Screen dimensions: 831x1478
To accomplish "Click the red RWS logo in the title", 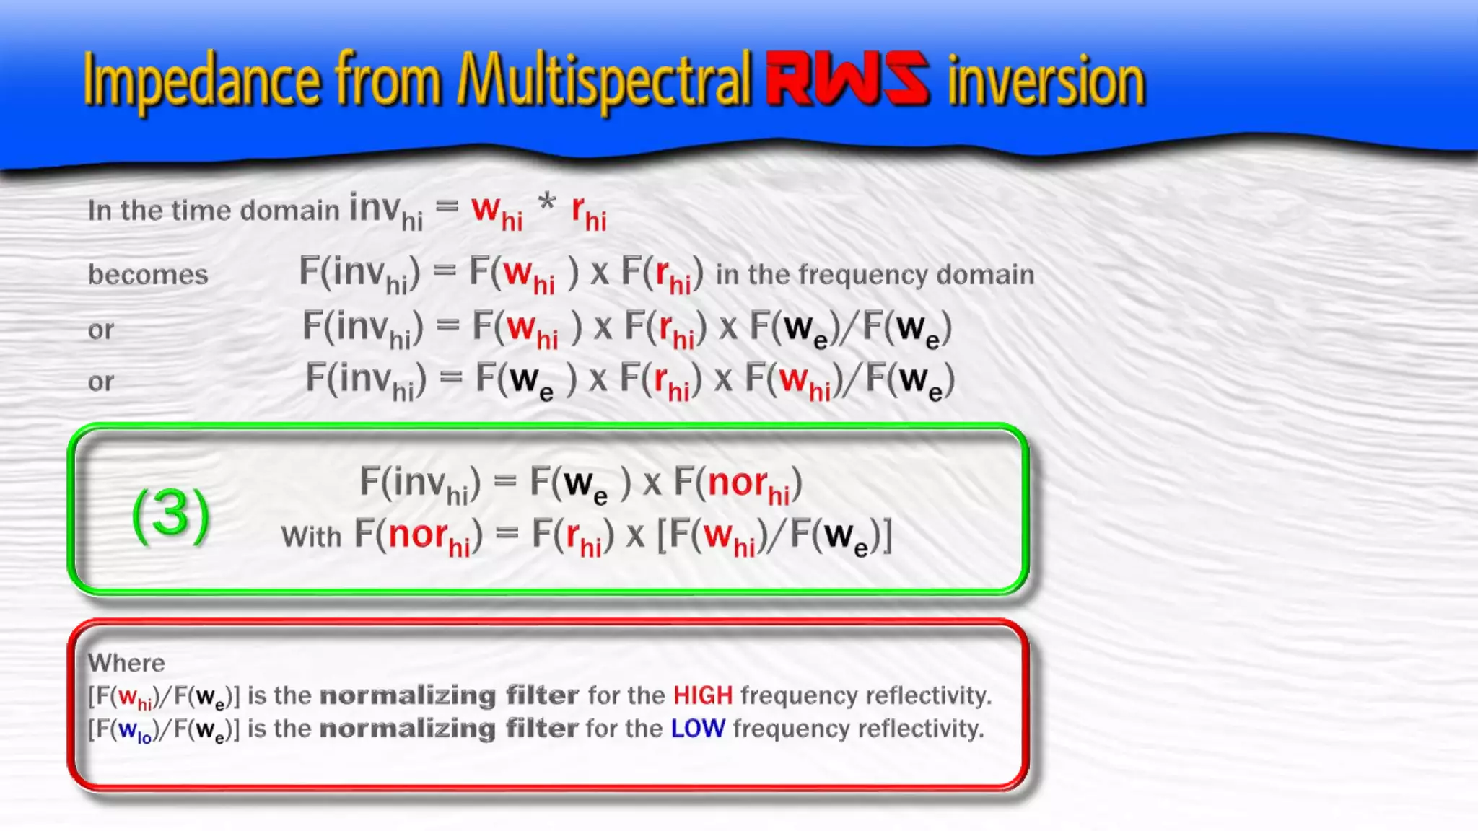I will click(x=847, y=79).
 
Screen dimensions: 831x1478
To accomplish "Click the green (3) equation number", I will click(x=171, y=514).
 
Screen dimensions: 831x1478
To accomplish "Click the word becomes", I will click(x=148, y=275).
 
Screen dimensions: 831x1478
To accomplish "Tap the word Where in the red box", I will click(x=126, y=663).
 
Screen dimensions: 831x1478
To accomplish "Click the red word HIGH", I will click(x=702, y=695).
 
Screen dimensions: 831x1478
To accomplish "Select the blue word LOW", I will click(x=697, y=729).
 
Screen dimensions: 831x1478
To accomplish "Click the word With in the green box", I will click(x=311, y=537).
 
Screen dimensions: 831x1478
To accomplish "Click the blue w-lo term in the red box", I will click(x=134, y=731).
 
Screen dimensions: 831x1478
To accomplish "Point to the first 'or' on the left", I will click(x=101, y=330).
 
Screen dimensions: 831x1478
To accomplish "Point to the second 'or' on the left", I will click(x=101, y=382).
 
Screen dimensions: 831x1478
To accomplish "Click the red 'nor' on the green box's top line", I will click(x=737, y=482).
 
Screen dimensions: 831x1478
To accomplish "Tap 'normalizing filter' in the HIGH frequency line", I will click(x=449, y=695).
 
